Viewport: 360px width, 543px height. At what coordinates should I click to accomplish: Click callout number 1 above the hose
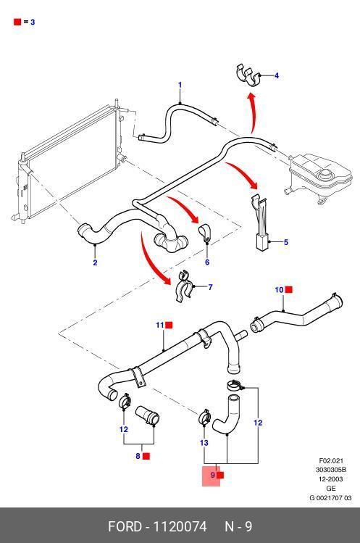click(x=180, y=85)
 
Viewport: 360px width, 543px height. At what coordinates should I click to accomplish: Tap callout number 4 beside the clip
click(x=277, y=75)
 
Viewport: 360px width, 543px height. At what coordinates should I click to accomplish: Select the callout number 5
click(x=286, y=242)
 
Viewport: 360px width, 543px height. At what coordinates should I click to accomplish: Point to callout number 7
click(x=210, y=287)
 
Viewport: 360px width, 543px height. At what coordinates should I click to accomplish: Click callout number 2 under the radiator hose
click(x=95, y=262)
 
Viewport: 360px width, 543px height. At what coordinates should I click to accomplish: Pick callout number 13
click(x=204, y=442)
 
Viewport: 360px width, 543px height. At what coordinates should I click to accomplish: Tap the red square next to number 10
click(x=289, y=289)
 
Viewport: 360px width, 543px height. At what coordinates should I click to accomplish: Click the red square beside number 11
click(x=169, y=326)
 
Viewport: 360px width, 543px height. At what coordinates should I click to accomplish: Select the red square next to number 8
click(x=146, y=456)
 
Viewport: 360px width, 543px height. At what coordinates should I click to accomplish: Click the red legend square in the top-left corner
click(x=17, y=22)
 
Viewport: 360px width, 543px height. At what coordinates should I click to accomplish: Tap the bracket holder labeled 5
click(x=260, y=222)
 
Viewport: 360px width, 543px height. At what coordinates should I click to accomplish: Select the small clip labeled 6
click(x=204, y=233)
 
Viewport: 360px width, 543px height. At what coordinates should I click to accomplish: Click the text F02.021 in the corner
click(x=331, y=460)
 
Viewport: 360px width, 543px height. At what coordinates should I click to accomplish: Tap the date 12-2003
click(x=331, y=479)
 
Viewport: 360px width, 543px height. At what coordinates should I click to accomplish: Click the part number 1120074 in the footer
click(x=180, y=526)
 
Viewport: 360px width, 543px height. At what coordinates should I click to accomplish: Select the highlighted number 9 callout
click(x=212, y=475)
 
